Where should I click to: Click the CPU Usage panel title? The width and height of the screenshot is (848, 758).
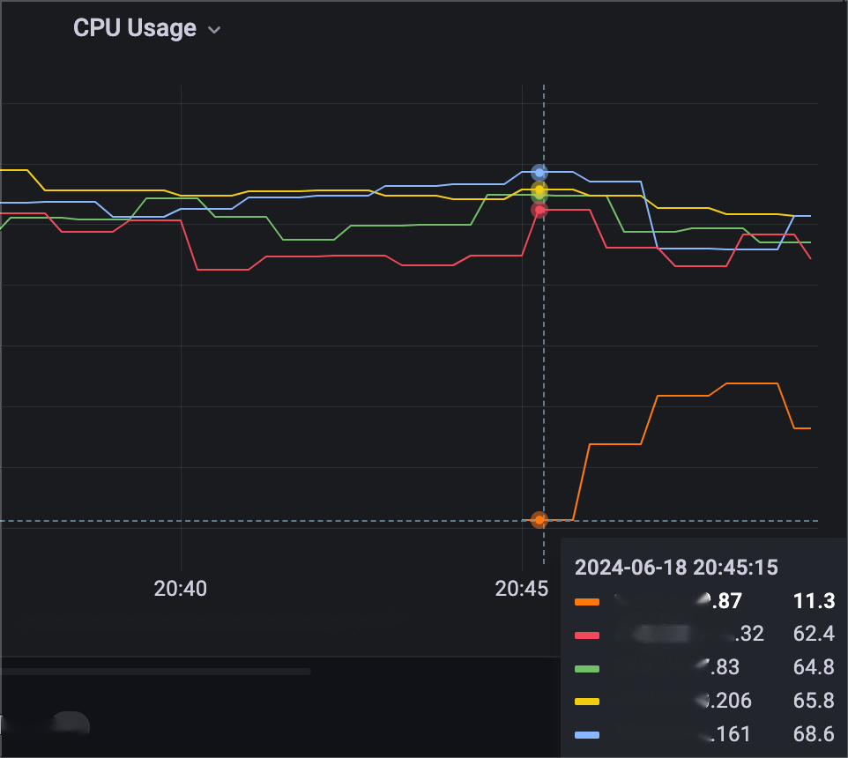pyautogui.click(x=134, y=28)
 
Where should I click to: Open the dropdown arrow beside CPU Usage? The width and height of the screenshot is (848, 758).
pyautogui.click(x=213, y=30)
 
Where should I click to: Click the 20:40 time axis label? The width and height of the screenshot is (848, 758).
pyautogui.click(x=180, y=588)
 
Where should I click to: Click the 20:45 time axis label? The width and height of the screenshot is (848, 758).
pyautogui.click(x=522, y=588)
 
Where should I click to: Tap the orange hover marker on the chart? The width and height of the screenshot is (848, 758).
pyautogui.click(x=539, y=520)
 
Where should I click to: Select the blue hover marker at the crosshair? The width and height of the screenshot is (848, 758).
pyautogui.click(x=539, y=173)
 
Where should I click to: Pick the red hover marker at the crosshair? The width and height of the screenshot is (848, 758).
pyautogui.click(x=539, y=210)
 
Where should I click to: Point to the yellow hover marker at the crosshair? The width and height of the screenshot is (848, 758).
pyautogui.click(x=539, y=189)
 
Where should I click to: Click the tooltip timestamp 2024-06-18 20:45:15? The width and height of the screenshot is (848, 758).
pyautogui.click(x=676, y=568)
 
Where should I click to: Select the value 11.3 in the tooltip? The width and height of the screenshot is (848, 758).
pyautogui.click(x=813, y=601)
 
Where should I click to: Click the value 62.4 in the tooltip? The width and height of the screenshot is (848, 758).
pyautogui.click(x=813, y=635)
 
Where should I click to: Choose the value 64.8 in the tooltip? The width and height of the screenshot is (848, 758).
pyautogui.click(x=813, y=667)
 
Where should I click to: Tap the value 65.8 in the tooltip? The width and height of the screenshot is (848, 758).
pyautogui.click(x=813, y=701)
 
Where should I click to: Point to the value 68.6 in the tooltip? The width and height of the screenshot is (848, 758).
pyautogui.click(x=813, y=734)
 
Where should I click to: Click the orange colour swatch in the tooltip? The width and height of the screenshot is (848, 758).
pyautogui.click(x=587, y=602)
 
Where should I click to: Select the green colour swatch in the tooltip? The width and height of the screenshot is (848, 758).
pyautogui.click(x=587, y=668)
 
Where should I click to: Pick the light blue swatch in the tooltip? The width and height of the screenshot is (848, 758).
pyautogui.click(x=587, y=735)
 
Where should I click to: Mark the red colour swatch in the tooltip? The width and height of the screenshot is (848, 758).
pyautogui.click(x=587, y=635)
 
